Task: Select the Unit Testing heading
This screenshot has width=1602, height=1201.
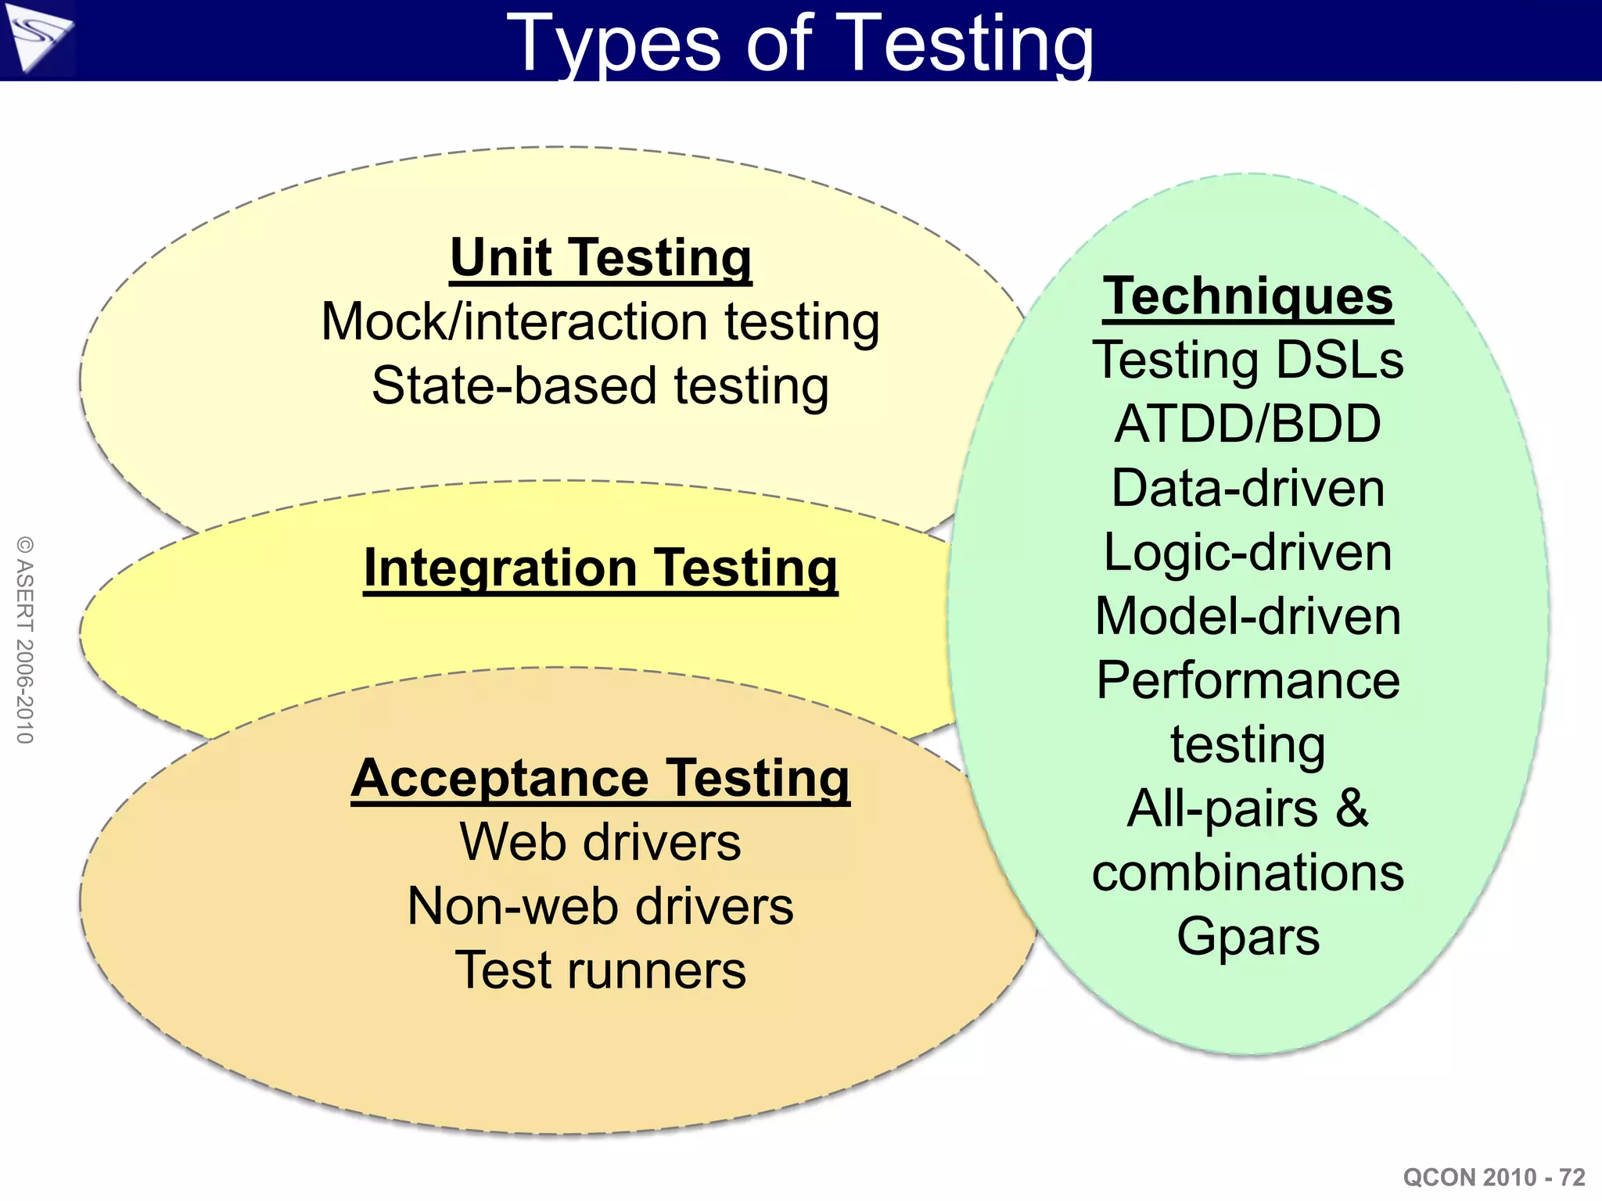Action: [601, 258]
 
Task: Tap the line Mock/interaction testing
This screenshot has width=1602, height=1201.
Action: [601, 322]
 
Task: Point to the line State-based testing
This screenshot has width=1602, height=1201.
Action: [601, 386]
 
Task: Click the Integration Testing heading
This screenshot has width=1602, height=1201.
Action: [601, 568]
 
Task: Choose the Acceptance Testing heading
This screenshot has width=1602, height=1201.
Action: [601, 779]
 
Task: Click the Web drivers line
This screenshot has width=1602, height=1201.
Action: [601, 843]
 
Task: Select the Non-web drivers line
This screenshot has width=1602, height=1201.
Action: [601, 907]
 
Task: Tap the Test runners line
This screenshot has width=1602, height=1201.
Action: [601, 971]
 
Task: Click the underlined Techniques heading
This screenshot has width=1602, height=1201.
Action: [1248, 297]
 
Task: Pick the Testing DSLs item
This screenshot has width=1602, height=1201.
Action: [1248, 360]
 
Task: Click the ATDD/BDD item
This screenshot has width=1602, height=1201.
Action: [1248, 425]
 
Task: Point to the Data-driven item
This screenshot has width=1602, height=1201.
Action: [1248, 489]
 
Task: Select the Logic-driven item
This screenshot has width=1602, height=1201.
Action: [1248, 553]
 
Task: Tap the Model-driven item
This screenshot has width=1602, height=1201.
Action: [1248, 617]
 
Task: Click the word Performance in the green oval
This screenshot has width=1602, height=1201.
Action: [1248, 680]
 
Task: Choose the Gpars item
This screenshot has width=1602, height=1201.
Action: [1248, 937]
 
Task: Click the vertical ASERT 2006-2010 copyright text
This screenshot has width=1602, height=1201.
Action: [25, 640]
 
